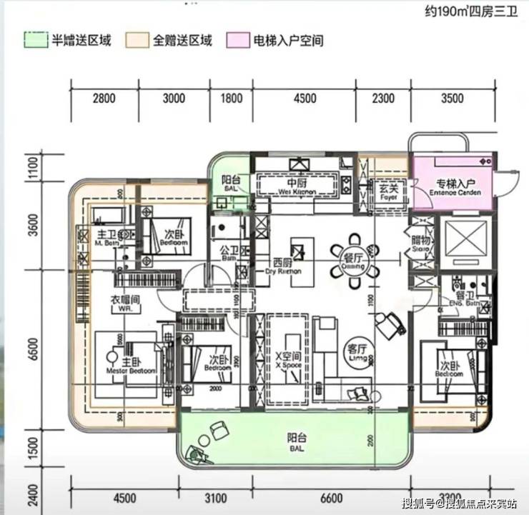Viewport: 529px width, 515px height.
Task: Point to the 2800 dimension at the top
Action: pos(104,99)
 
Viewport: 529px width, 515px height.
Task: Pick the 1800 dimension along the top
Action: pos(231,99)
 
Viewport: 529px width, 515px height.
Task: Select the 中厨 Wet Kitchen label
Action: pos(298,185)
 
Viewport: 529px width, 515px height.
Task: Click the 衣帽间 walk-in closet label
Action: pos(124,303)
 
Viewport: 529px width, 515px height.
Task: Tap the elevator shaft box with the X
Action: pos(465,242)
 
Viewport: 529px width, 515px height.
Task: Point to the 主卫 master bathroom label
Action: pos(107,235)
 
